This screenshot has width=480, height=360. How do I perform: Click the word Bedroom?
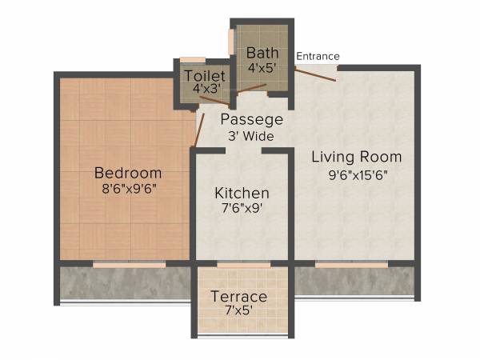click(x=128, y=173)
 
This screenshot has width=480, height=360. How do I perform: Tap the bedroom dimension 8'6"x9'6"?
click(x=128, y=190)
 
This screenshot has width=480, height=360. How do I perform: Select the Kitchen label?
click(x=242, y=194)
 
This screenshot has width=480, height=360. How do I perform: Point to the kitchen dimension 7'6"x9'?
click(x=242, y=210)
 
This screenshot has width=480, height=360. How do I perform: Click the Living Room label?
click(x=356, y=156)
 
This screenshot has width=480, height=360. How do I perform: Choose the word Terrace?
click(x=238, y=297)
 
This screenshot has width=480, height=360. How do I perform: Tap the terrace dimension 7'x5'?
click(x=238, y=313)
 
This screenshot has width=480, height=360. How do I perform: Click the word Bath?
click(x=262, y=53)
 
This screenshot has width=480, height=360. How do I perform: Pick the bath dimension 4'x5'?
click(x=262, y=68)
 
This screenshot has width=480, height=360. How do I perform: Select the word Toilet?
click(x=204, y=75)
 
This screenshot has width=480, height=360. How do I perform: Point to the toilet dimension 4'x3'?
click(x=204, y=90)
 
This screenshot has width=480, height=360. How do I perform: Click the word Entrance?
click(x=318, y=56)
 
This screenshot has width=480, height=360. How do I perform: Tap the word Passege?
click(x=252, y=120)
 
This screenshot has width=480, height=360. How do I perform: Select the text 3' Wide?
click(x=252, y=136)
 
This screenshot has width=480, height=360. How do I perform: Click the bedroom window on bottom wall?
click(x=129, y=263)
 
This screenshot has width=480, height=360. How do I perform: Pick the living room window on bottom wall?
click(x=345, y=263)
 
